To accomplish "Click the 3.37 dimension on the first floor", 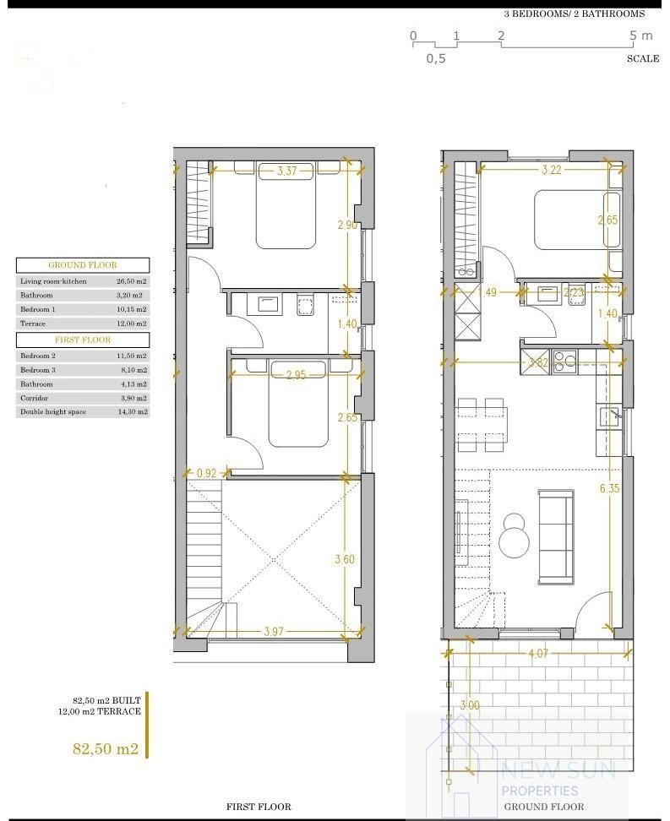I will pyautogui.click(x=286, y=171).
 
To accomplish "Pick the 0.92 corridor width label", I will pyautogui.click(x=207, y=474).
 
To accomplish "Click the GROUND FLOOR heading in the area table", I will pyautogui.click(x=83, y=265).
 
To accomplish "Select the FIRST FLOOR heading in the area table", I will pyautogui.click(x=83, y=340).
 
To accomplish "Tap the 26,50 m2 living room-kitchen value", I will pyautogui.click(x=131, y=281).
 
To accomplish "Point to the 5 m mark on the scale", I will pyautogui.click(x=641, y=35).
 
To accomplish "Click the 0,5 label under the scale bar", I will pyautogui.click(x=436, y=58).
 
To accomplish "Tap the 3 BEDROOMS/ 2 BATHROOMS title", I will pyautogui.click(x=574, y=14).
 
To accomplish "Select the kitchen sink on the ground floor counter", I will pyautogui.click(x=607, y=416).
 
